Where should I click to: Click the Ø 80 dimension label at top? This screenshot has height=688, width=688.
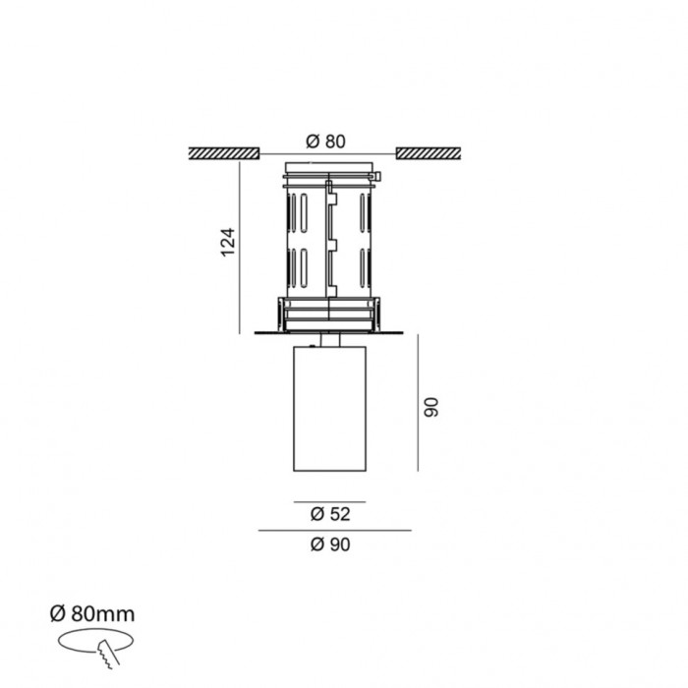[x=327, y=141]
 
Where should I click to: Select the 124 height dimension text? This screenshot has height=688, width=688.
[x=227, y=242]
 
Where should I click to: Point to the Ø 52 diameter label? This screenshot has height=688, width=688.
[x=329, y=513]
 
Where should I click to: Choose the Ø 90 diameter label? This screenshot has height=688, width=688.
[x=329, y=546]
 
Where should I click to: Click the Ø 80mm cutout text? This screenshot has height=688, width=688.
[x=91, y=614]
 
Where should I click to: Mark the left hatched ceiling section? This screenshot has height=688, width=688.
[x=223, y=153]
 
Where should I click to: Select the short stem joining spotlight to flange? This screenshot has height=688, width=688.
[x=330, y=342]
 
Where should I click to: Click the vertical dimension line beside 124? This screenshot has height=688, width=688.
[x=241, y=246]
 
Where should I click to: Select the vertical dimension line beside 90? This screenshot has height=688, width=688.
[x=420, y=403]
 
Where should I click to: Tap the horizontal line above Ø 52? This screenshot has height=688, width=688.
[x=329, y=502]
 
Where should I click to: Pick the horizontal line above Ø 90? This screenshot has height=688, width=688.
[x=333, y=531]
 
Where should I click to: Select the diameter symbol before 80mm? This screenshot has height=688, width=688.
[x=57, y=614]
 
